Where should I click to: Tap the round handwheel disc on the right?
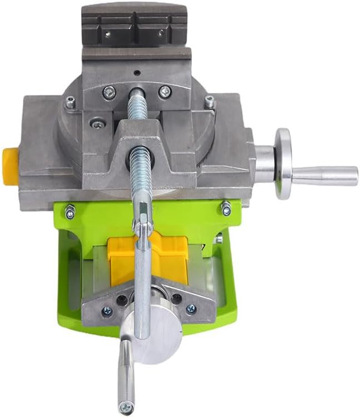pos(283,164)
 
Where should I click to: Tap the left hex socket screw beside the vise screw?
pos(109,93)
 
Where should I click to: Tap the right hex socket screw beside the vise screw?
pos(165,92)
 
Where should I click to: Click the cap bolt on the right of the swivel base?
pos(210,101)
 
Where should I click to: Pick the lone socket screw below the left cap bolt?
pos(97,123)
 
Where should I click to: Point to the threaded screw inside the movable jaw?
pos(141,166)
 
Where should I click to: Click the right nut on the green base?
pos(225,208)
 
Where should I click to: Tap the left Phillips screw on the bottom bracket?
pos(107,311)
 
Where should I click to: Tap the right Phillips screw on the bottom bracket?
pos(191,309)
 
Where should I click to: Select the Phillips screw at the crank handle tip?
pos(126,407)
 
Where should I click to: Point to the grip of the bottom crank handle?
pos(126,369)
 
